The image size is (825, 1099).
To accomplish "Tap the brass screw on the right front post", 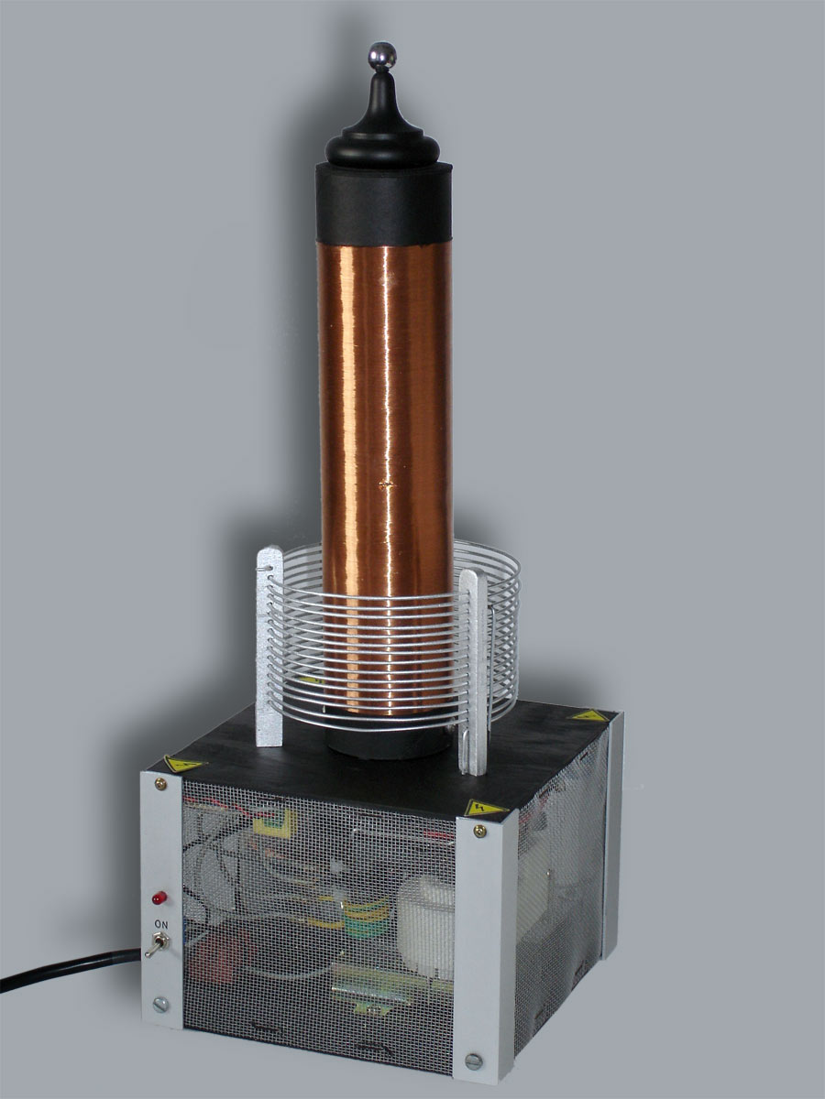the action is click(x=479, y=831).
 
